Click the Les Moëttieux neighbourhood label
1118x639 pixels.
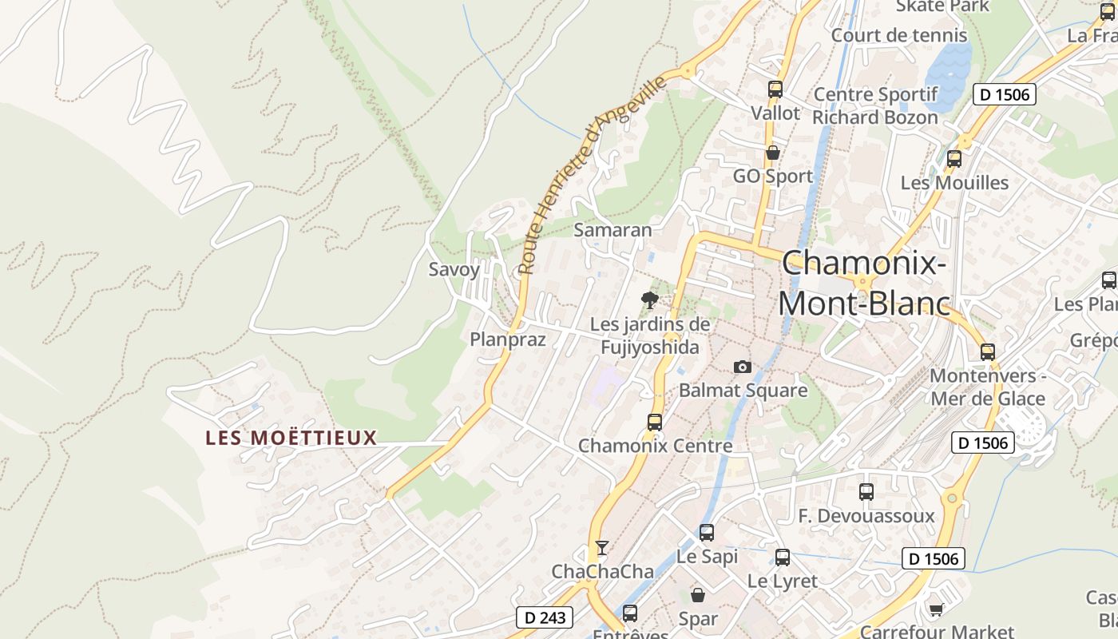coord(291,438)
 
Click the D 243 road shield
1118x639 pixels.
coord(545,617)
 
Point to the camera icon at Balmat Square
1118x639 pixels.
coord(743,367)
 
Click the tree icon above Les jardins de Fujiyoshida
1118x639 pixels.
coord(650,300)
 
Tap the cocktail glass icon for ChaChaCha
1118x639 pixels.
coord(602,547)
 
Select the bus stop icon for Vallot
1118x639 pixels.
coord(775,89)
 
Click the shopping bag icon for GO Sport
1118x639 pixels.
coord(772,153)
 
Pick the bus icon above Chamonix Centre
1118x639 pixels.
coord(655,422)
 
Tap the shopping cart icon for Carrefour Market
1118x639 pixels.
coord(935,609)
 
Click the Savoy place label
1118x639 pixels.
coord(454,269)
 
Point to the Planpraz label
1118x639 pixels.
coord(508,339)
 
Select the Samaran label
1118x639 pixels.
coord(613,230)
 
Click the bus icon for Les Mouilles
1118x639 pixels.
coord(953,159)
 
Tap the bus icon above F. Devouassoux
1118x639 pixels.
coord(866,492)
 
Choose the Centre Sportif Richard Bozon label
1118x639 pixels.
coord(875,105)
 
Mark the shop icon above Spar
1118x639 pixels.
coord(698,595)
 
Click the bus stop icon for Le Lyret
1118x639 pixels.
coord(783,558)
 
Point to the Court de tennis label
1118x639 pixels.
coord(899,35)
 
